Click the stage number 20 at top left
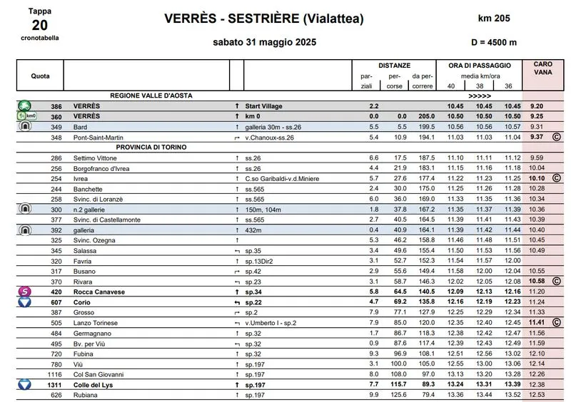[x=40, y=25]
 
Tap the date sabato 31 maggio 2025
[x=265, y=42]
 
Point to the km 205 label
[x=494, y=18]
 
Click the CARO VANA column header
[x=542, y=68]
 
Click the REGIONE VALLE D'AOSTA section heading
[x=151, y=95]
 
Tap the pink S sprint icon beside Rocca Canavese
[x=24, y=292]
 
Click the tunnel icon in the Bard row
[x=24, y=126]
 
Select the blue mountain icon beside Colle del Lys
[x=24, y=385]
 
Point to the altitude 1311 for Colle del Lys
[x=54, y=385]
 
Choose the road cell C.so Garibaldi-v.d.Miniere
[x=281, y=178]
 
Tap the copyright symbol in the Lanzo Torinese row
[x=555, y=323]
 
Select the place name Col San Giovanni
[x=98, y=374]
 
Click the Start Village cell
[x=266, y=105]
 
